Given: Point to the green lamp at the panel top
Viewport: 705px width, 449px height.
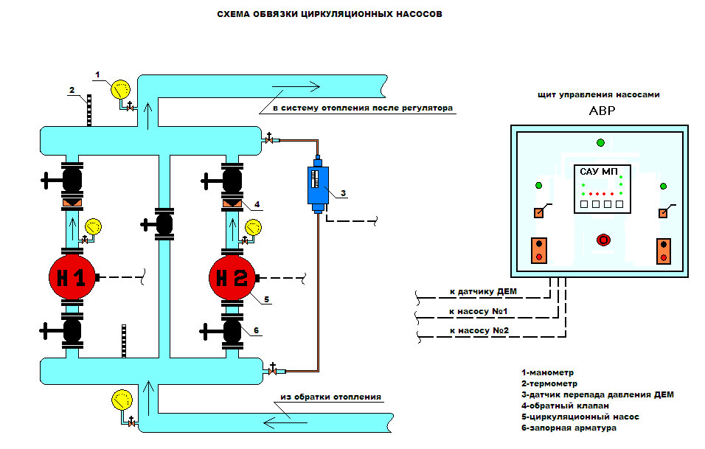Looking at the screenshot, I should point(601,142).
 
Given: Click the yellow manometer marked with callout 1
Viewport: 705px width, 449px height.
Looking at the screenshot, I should point(118,90).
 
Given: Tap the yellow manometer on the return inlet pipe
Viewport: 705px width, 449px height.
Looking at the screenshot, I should point(119,400).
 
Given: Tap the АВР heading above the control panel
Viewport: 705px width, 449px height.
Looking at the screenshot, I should point(601,113).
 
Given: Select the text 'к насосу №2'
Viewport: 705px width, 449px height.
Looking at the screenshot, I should point(479,331).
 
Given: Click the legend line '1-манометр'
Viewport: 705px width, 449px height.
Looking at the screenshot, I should point(547,372).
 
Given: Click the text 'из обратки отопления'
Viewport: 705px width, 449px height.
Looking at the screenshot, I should point(330,397).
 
